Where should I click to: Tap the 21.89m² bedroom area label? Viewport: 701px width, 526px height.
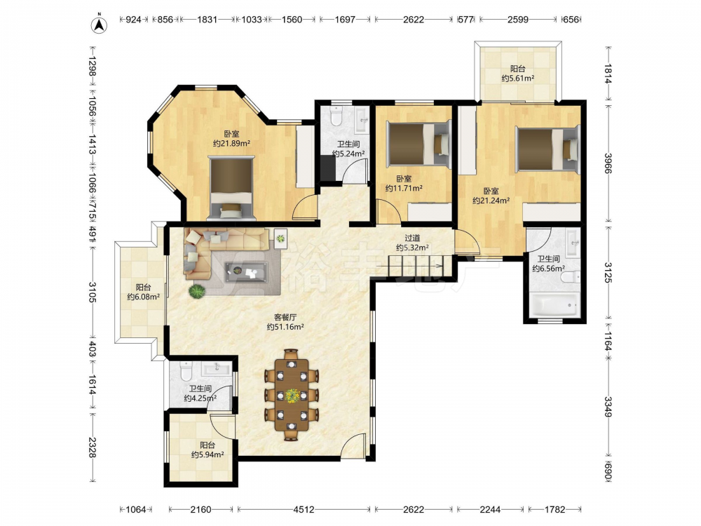point(231,139)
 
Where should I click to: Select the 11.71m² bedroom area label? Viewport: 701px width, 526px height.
point(404,183)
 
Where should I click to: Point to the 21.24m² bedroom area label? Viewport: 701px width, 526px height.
point(491,196)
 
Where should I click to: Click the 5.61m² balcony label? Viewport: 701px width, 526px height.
point(518,74)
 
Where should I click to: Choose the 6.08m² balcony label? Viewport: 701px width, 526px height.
point(144,292)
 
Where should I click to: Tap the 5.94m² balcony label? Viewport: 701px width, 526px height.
point(207,450)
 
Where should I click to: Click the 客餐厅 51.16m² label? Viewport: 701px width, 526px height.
point(285,322)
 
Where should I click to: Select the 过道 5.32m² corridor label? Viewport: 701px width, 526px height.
point(412,243)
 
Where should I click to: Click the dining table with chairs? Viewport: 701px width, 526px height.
point(292,394)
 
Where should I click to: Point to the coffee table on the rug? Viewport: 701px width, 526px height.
point(246,271)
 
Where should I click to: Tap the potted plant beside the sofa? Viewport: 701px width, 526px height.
point(197,292)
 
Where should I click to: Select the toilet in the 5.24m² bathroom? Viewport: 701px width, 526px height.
point(335,116)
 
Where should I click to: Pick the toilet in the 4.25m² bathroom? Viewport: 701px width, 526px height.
point(186,371)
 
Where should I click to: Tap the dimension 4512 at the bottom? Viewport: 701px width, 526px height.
point(304,509)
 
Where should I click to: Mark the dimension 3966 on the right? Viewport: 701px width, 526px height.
point(608,163)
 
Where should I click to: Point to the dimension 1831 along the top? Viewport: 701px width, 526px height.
point(207,19)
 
